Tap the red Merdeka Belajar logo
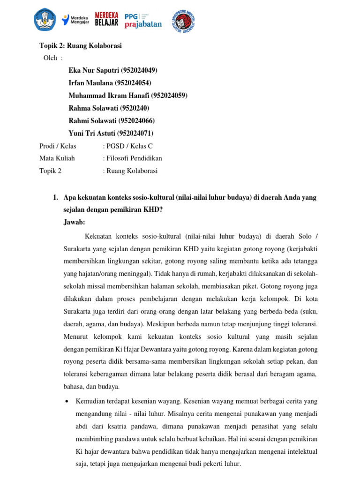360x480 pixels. click(106, 20)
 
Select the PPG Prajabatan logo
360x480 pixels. click(143, 20)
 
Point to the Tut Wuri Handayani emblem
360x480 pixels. click(45, 20)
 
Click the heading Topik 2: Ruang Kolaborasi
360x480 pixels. click(80, 46)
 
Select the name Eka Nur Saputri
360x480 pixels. click(94, 70)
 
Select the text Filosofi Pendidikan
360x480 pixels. click(134, 158)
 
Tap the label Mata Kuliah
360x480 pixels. click(57, 158)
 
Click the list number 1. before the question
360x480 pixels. click(56, 197)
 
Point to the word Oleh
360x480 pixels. click(50, 58)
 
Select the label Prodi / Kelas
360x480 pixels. click(58, 146)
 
